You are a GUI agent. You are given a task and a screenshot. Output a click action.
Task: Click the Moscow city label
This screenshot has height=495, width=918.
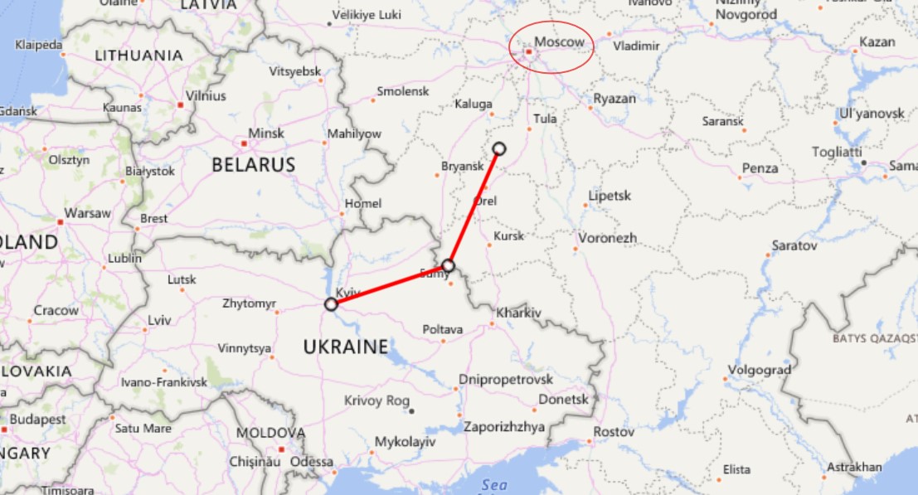[560, 41]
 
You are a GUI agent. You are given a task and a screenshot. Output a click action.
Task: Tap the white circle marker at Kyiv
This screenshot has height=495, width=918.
[331, 304]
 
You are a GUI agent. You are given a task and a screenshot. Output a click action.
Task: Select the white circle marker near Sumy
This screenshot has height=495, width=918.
[449, 265]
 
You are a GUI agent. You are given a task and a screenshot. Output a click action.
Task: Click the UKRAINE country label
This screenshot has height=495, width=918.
[346, 347]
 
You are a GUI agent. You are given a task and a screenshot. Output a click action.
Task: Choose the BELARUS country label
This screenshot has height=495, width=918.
[253, 165]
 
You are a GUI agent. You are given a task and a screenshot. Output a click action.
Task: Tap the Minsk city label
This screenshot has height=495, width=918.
[266, 133]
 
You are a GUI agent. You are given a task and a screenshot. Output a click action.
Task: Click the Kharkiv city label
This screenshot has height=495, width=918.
[518, 313]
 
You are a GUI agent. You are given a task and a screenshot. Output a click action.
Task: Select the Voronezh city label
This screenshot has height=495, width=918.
[608, 238]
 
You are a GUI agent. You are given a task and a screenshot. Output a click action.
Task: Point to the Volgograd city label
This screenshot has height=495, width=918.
[759, 370]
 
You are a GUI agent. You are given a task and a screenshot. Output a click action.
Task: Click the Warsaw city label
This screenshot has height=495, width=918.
[87, 213]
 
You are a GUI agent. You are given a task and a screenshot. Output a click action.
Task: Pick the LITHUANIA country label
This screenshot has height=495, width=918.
[138, 56]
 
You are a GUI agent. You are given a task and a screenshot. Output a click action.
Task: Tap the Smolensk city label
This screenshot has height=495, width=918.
[402, 91]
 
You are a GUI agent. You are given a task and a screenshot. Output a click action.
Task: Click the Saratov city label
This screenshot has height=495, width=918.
[794, 245]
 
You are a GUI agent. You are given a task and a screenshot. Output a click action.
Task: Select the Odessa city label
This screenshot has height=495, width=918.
[312, 462]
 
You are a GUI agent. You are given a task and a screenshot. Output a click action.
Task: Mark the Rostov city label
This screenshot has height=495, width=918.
[614, 432]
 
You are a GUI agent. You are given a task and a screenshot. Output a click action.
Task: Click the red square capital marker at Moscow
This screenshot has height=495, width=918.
[529, 51]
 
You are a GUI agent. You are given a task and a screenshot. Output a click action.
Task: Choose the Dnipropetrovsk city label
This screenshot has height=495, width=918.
[505, 380]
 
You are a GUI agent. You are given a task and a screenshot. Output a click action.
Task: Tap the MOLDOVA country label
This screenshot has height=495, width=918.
[270, 433]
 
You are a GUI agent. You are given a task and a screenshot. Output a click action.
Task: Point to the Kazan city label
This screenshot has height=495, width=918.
[877, 41]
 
